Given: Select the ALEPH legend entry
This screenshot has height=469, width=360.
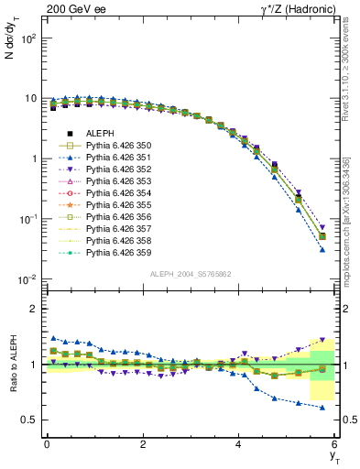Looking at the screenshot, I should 100,134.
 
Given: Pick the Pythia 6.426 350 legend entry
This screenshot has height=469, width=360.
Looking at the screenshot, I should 119,146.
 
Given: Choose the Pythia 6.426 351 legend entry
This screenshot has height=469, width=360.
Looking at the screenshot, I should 119,158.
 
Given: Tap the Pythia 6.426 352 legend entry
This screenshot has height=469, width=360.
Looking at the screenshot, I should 119,169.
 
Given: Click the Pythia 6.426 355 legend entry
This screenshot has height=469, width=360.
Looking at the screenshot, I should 119,205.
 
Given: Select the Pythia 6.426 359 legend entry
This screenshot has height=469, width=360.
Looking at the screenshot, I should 119,253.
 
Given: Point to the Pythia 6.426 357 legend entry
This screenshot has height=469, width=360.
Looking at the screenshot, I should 119,229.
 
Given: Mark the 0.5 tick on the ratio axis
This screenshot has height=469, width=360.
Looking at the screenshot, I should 31,420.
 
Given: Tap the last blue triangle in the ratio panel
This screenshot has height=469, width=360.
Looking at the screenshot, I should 322,407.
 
